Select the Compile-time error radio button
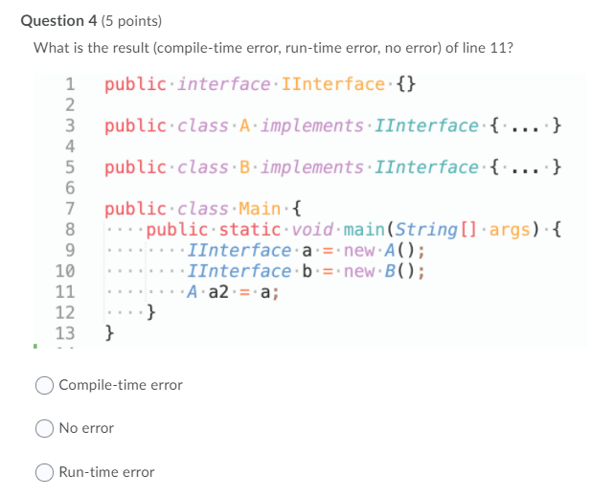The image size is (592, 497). [45, 385]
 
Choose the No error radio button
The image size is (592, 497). [45, 428]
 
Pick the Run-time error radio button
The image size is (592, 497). [45, 472]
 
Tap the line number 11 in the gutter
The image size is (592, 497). [65, 292]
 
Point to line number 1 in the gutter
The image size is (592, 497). [70, 84]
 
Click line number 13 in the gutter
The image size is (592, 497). [65, 333]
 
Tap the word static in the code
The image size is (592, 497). [252, 230]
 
